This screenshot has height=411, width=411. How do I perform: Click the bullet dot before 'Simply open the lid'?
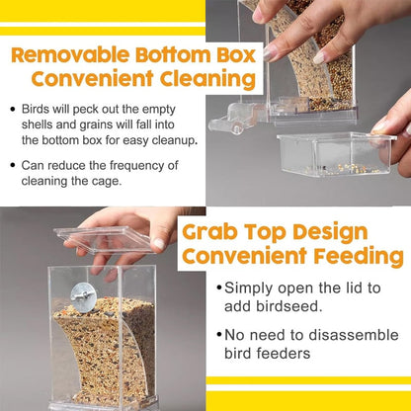(217, 288)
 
